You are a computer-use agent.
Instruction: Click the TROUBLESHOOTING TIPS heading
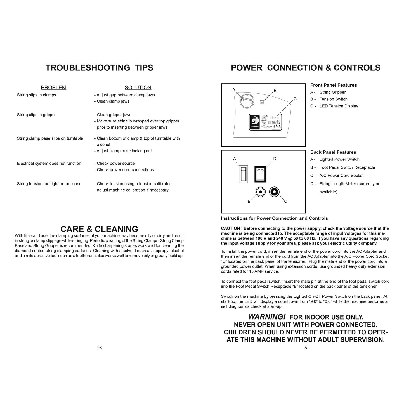[99, 68]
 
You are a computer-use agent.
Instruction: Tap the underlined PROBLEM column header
[53, 88]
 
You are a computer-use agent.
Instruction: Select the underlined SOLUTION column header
[138, 88]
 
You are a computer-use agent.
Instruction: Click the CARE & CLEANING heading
[99, 229]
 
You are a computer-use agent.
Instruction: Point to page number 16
[99, 348]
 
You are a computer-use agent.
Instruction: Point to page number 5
[306, 348]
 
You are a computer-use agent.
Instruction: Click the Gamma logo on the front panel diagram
[255, 122]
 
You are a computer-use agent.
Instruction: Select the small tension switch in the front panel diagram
[262, 102]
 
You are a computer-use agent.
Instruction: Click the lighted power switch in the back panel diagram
[244, 174]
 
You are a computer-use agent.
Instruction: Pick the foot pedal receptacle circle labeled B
[261, 192]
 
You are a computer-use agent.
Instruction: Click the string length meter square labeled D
[260, 174]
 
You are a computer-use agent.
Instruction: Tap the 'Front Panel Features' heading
[334, 85]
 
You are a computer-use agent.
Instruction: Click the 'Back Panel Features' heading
[333, 152]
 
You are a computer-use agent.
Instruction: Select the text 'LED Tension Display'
[339, 106]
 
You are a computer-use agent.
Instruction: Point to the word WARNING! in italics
[267, 317]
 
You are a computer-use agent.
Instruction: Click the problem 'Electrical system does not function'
[49, 164]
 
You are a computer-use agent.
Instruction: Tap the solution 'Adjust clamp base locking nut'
[124, 151]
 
